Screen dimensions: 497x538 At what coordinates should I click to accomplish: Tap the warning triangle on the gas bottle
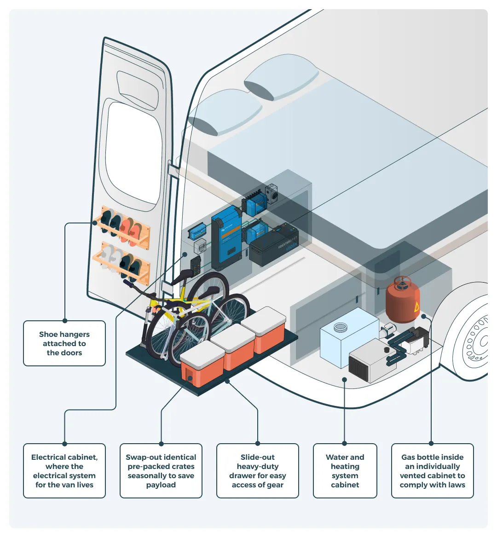416,307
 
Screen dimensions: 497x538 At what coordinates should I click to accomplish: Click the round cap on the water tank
340,327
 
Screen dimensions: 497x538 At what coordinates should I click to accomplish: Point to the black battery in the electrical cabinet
274,246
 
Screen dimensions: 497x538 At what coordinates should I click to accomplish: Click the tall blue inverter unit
226,237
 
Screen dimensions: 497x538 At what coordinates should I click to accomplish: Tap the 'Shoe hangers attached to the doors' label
64,343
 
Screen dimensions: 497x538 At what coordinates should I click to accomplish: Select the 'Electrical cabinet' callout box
64,471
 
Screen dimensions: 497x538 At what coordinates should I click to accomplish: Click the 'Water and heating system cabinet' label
345,471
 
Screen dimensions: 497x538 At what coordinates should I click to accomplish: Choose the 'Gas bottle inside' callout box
433,471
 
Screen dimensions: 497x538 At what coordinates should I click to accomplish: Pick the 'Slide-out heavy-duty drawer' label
258,471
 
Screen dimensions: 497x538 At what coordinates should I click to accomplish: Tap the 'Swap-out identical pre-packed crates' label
161,471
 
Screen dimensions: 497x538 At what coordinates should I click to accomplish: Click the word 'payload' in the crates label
161,485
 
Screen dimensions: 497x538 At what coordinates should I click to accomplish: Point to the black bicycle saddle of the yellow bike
183,276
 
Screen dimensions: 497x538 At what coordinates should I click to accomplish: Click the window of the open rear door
134,153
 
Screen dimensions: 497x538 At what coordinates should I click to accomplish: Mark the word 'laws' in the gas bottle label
457,485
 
